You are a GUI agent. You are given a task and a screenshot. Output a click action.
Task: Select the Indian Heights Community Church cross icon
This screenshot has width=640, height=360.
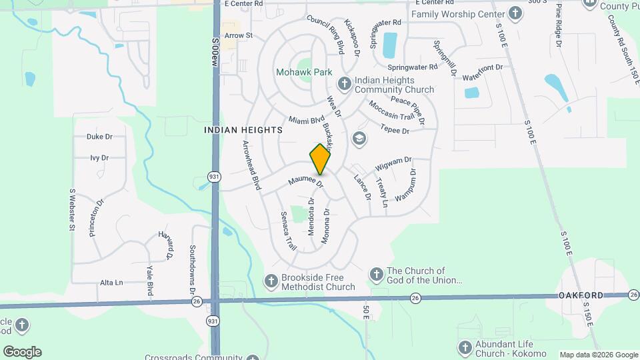coord(344,83)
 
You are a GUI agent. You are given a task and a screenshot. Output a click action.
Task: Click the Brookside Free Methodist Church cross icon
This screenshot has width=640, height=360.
coord(271,281)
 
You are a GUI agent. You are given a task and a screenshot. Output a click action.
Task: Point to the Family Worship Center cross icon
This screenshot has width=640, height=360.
coord(515,13)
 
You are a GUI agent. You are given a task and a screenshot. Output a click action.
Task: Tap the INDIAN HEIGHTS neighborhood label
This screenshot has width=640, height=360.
coord(243,131)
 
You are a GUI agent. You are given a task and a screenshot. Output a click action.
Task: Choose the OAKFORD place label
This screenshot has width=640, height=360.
coord(581,295)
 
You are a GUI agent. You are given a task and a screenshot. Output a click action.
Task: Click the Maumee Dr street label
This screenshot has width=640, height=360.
coord(305,181)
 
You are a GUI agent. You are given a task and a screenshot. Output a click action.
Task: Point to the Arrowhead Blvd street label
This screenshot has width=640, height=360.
coord(251,165)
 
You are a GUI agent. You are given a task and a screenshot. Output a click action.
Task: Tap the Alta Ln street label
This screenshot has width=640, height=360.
coord(111,283)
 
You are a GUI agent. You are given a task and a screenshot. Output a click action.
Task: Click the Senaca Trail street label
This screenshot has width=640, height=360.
coord(288,230)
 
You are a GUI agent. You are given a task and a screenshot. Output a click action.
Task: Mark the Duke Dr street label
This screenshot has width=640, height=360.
coord(99,137)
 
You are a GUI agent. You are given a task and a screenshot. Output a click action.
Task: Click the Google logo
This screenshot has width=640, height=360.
coord(22,352)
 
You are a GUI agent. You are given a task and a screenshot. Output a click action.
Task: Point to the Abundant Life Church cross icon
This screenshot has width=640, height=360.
coord(465,348)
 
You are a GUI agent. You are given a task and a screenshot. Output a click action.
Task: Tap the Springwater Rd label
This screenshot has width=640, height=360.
coord(413,67)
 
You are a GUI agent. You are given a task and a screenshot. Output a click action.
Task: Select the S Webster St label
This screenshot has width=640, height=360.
coord(72,209)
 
